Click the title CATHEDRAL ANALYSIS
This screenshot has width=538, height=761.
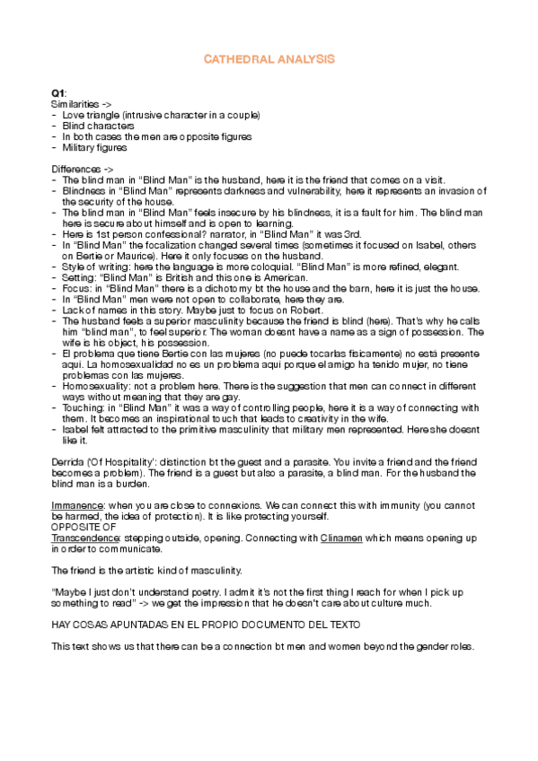coord(269,58)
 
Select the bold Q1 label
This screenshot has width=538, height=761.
coord(57,93)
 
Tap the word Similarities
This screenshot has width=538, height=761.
coord(72,105)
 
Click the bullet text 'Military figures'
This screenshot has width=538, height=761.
coord(94,147)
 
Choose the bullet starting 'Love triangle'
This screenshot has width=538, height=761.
coord(161,116)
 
